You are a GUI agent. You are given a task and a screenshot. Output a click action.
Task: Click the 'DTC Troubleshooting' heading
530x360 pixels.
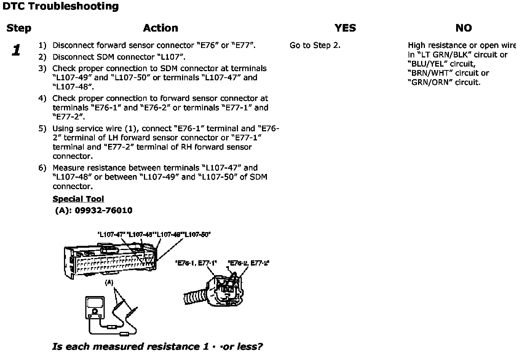61,6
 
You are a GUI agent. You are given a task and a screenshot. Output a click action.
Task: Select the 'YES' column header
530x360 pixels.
345,28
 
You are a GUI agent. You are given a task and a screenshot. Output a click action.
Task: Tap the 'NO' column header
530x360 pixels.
463,28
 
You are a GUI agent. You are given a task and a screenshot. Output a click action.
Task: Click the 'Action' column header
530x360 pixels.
160,28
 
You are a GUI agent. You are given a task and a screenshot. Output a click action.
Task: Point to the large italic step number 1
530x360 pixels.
16,50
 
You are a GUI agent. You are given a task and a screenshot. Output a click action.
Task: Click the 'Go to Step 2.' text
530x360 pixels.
315,45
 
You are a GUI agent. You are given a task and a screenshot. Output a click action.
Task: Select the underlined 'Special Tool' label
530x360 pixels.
78,199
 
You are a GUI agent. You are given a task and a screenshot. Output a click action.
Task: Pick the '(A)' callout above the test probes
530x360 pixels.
109,282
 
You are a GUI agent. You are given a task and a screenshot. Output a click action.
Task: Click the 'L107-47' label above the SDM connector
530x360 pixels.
112,234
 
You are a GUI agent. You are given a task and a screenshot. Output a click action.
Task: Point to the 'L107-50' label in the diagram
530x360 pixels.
197,234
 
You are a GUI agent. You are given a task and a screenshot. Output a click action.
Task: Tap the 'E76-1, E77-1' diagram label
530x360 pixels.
196,263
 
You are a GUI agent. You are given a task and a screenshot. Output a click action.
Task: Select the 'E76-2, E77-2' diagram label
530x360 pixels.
248,263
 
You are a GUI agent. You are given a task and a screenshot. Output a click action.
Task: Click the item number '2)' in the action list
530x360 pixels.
42,57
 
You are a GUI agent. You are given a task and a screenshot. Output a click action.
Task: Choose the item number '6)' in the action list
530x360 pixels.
42,168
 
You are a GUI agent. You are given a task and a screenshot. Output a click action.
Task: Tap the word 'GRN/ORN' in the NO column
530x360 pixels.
427,82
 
